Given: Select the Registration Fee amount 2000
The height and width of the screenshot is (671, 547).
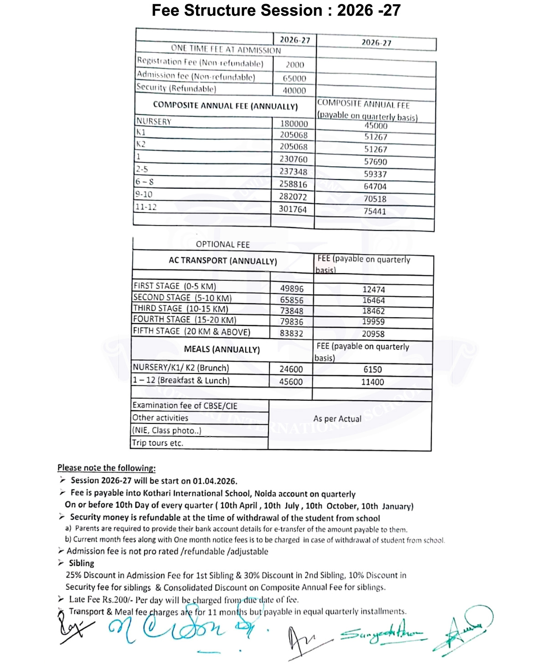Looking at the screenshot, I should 295,65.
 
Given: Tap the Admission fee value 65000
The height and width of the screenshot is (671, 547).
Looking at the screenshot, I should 294,78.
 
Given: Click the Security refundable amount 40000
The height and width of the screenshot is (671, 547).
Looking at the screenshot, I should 294,91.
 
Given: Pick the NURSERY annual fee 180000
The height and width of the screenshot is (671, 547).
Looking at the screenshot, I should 294,124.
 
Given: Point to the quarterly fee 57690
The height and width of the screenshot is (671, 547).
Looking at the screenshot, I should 376,162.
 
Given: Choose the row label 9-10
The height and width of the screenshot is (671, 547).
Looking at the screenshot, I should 144,194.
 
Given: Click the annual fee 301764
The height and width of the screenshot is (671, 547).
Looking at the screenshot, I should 293,209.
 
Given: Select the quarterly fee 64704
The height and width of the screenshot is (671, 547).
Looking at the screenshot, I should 375,186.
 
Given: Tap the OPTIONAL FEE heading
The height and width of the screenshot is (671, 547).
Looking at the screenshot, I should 223,244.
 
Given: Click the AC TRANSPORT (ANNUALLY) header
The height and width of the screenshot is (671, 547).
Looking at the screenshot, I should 223,261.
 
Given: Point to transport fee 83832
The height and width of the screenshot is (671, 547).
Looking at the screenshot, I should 291,333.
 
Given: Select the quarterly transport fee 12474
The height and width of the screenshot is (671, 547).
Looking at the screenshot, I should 374,289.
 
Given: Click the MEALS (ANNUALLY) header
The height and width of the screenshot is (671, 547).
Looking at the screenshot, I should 222,349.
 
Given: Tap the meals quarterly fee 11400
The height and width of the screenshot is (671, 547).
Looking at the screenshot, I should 372,382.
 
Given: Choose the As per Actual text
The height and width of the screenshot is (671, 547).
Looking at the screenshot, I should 337,418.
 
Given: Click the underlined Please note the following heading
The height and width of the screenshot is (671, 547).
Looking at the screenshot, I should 107,468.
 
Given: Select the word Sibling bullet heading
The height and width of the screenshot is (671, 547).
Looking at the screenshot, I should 82,563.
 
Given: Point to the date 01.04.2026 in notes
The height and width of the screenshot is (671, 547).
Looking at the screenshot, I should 215,481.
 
